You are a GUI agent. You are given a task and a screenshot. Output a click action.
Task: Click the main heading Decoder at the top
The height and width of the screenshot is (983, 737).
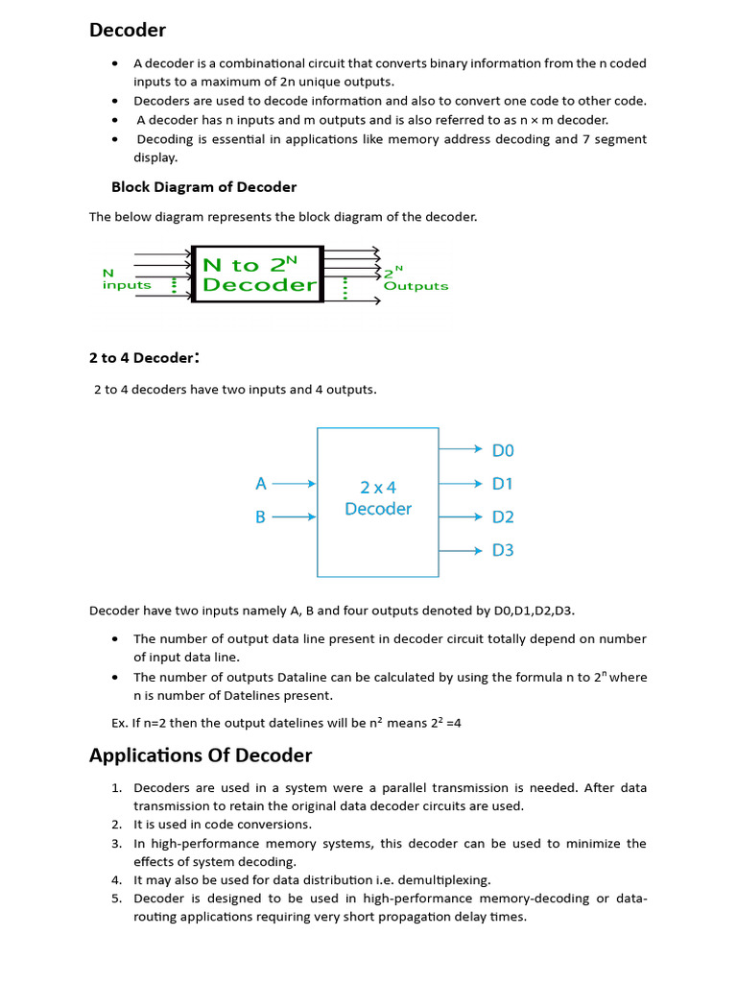pyautogui.click(x=128, y=30)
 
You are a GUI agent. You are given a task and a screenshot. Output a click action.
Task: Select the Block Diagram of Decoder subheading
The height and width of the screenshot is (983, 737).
pyautogui.click(x=203, y=187)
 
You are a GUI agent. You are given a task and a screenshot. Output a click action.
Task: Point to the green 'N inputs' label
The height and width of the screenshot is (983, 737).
pyautogui.click(x=126, y=279)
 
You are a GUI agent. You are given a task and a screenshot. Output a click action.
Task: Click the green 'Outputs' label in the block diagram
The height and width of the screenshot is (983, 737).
pyautogui.click(x=415, y=286)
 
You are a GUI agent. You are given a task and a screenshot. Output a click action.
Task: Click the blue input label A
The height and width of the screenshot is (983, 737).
pyautogui.click(x=260, y=485)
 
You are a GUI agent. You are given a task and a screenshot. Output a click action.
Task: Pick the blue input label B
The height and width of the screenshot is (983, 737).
pyautogui.click(x=260, y=517)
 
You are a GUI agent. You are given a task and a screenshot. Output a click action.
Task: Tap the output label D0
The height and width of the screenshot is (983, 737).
pyautogui.click(x=503, y=450)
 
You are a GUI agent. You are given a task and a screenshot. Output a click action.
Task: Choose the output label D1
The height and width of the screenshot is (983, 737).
pyautogui.click(x=503, y=484)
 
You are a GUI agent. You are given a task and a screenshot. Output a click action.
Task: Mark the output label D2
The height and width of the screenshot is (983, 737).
pyautogui.click(x=503, y=517)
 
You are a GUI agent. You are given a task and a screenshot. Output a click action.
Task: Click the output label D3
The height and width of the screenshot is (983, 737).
pyautogui.click(x=503, y=550)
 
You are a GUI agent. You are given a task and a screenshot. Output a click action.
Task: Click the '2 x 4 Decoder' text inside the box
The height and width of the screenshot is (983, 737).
pyautogui.click(x=378, y=498)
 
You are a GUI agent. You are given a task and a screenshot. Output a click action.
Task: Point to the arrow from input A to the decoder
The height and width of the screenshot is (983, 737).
pyautogui.click(x=294, y=485)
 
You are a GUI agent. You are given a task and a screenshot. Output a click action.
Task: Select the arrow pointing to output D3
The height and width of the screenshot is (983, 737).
pyautogui.click(x=461, y=550)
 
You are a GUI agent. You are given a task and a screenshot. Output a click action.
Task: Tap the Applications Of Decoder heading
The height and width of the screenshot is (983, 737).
pyautogui.click(x=201, y=755)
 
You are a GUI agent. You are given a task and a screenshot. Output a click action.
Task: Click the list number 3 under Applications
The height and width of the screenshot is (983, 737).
pyautogui.click(x=116, y=844)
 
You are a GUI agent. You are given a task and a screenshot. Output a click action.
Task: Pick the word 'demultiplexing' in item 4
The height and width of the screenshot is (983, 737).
pyautogui.click(x=445, y=880)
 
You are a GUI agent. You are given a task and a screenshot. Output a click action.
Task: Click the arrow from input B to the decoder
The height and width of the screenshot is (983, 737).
pyautogui.click(x=294, y=517)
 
